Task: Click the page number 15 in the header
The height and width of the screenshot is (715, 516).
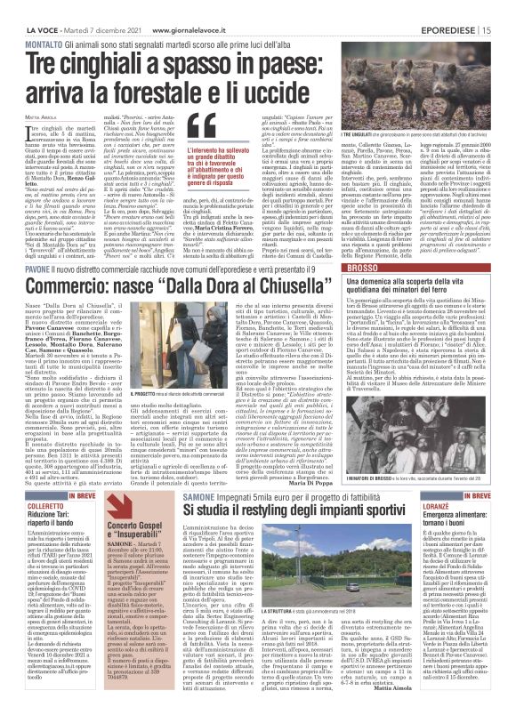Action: tap(505, 8)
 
